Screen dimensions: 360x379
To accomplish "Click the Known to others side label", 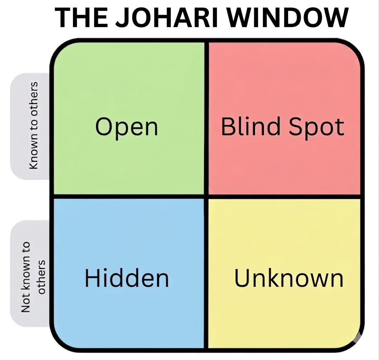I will tap(34, 125).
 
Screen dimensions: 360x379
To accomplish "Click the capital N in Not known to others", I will tap(25, 307).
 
